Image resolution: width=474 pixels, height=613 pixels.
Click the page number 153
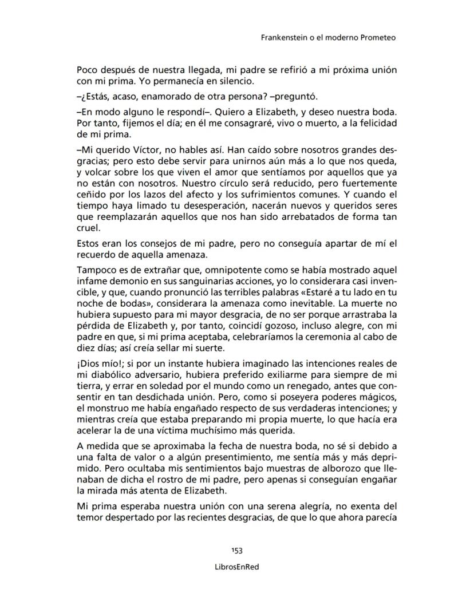point(236,551)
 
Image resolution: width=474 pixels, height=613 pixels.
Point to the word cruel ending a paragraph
point(88,227)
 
